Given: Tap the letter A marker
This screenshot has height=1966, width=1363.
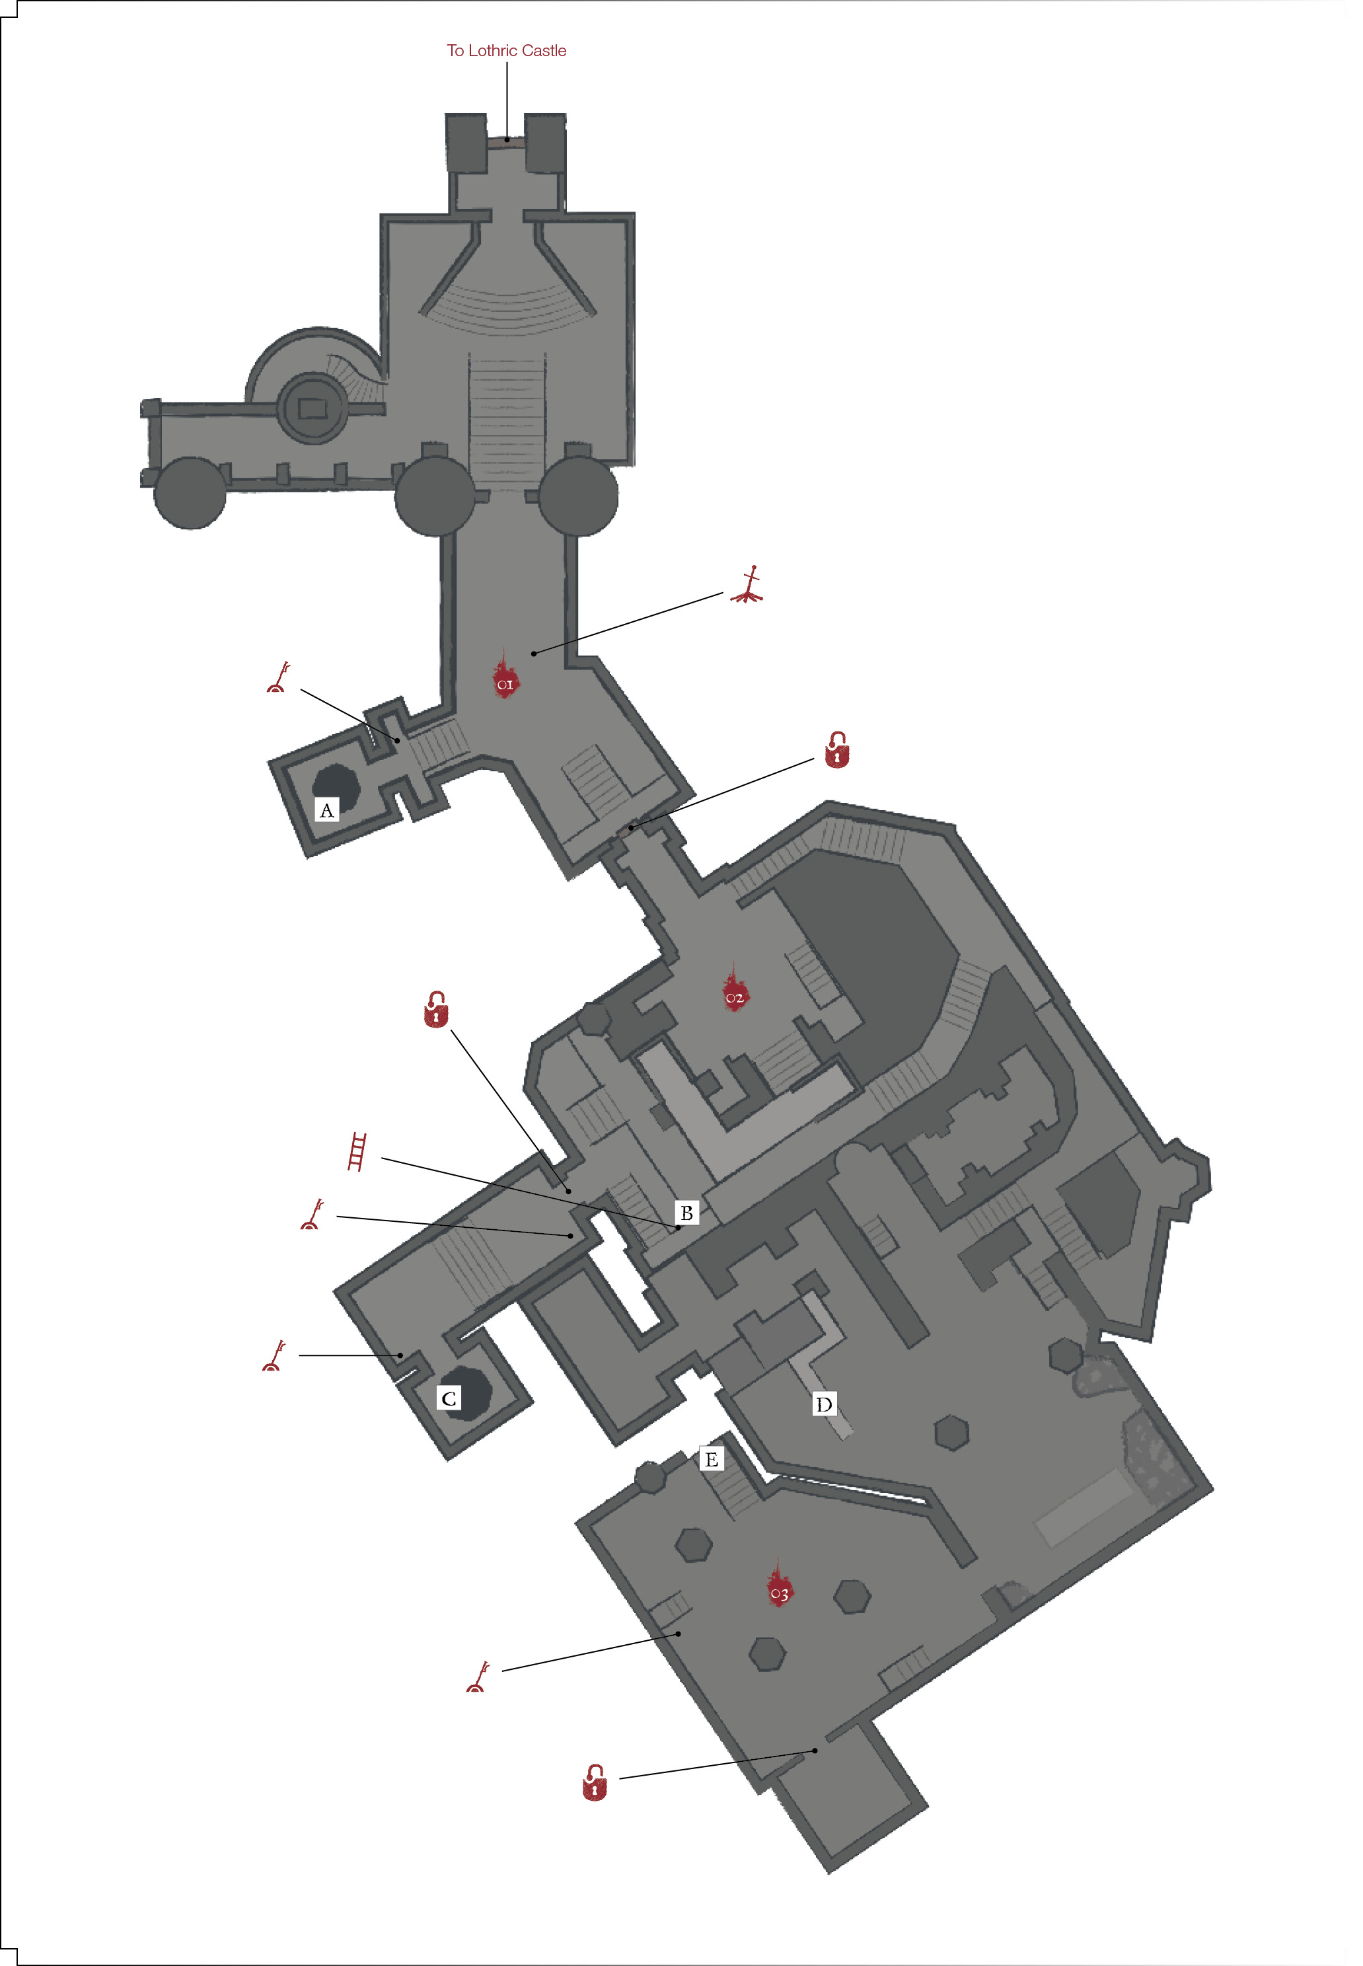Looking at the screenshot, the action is click(327, 810).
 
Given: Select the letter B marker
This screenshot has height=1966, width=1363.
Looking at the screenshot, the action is click(686, 1213).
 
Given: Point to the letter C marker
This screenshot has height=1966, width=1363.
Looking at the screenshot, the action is click(449, 1398).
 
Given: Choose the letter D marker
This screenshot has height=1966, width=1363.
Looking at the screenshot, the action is click(824, 1404).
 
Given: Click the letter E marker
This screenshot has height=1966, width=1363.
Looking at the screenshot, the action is click(712, 1458).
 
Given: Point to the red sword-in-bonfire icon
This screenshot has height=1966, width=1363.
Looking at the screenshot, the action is click(748, 586).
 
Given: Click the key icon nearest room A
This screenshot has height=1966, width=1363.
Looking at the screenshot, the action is click(278, 677).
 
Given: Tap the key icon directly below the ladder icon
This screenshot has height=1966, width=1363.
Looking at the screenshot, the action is click(313, 1215).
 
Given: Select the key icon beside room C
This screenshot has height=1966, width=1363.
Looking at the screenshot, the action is click(274, 1356).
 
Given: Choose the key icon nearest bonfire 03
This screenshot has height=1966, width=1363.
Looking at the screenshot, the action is click(478, 1677).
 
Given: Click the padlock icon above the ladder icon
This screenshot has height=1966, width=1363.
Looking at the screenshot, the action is click(437, 1010).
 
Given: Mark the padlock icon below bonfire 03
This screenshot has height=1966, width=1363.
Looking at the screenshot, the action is click(595, 1783).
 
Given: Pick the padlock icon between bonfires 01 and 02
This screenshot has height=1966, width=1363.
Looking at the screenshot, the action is click(837, 750).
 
